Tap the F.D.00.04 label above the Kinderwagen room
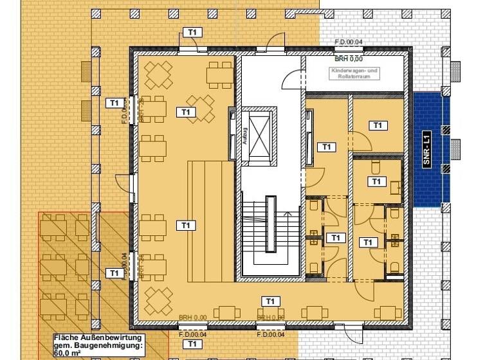click(x=349, y=42)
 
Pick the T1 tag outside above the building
click(x=192, y=32)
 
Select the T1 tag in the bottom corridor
click(x=271, y=301)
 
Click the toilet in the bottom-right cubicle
click(x=396, y=266)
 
